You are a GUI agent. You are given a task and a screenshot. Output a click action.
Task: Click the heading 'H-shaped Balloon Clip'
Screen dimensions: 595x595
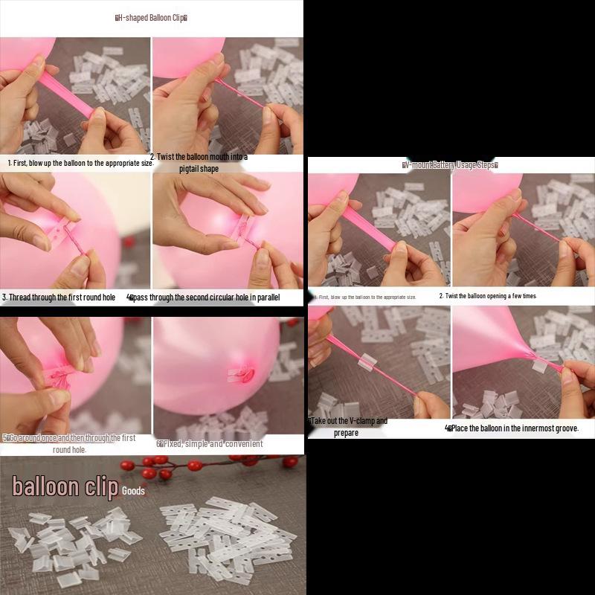151,17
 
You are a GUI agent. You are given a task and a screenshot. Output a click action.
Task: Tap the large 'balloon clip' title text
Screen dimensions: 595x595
65,487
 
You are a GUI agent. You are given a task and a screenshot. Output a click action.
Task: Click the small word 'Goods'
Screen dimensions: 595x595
134,492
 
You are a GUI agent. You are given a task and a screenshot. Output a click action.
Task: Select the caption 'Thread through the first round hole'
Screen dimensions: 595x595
59,297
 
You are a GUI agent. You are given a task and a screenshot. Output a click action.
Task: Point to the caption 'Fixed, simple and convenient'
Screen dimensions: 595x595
210,444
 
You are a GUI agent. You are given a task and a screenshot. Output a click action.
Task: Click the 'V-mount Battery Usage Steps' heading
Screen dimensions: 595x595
450,165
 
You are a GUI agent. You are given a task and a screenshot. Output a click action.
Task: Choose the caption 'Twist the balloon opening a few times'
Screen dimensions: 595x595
488,296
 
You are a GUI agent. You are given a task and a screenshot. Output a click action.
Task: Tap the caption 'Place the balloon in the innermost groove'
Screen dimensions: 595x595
512,428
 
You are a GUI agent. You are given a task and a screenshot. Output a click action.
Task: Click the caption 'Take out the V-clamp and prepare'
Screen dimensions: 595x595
348,426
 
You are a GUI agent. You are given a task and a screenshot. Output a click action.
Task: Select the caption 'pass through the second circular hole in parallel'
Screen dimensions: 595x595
216,297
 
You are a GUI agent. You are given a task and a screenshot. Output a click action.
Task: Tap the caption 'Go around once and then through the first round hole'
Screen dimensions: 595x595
71,443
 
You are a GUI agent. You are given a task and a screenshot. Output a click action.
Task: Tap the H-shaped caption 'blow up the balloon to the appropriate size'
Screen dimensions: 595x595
79,162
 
